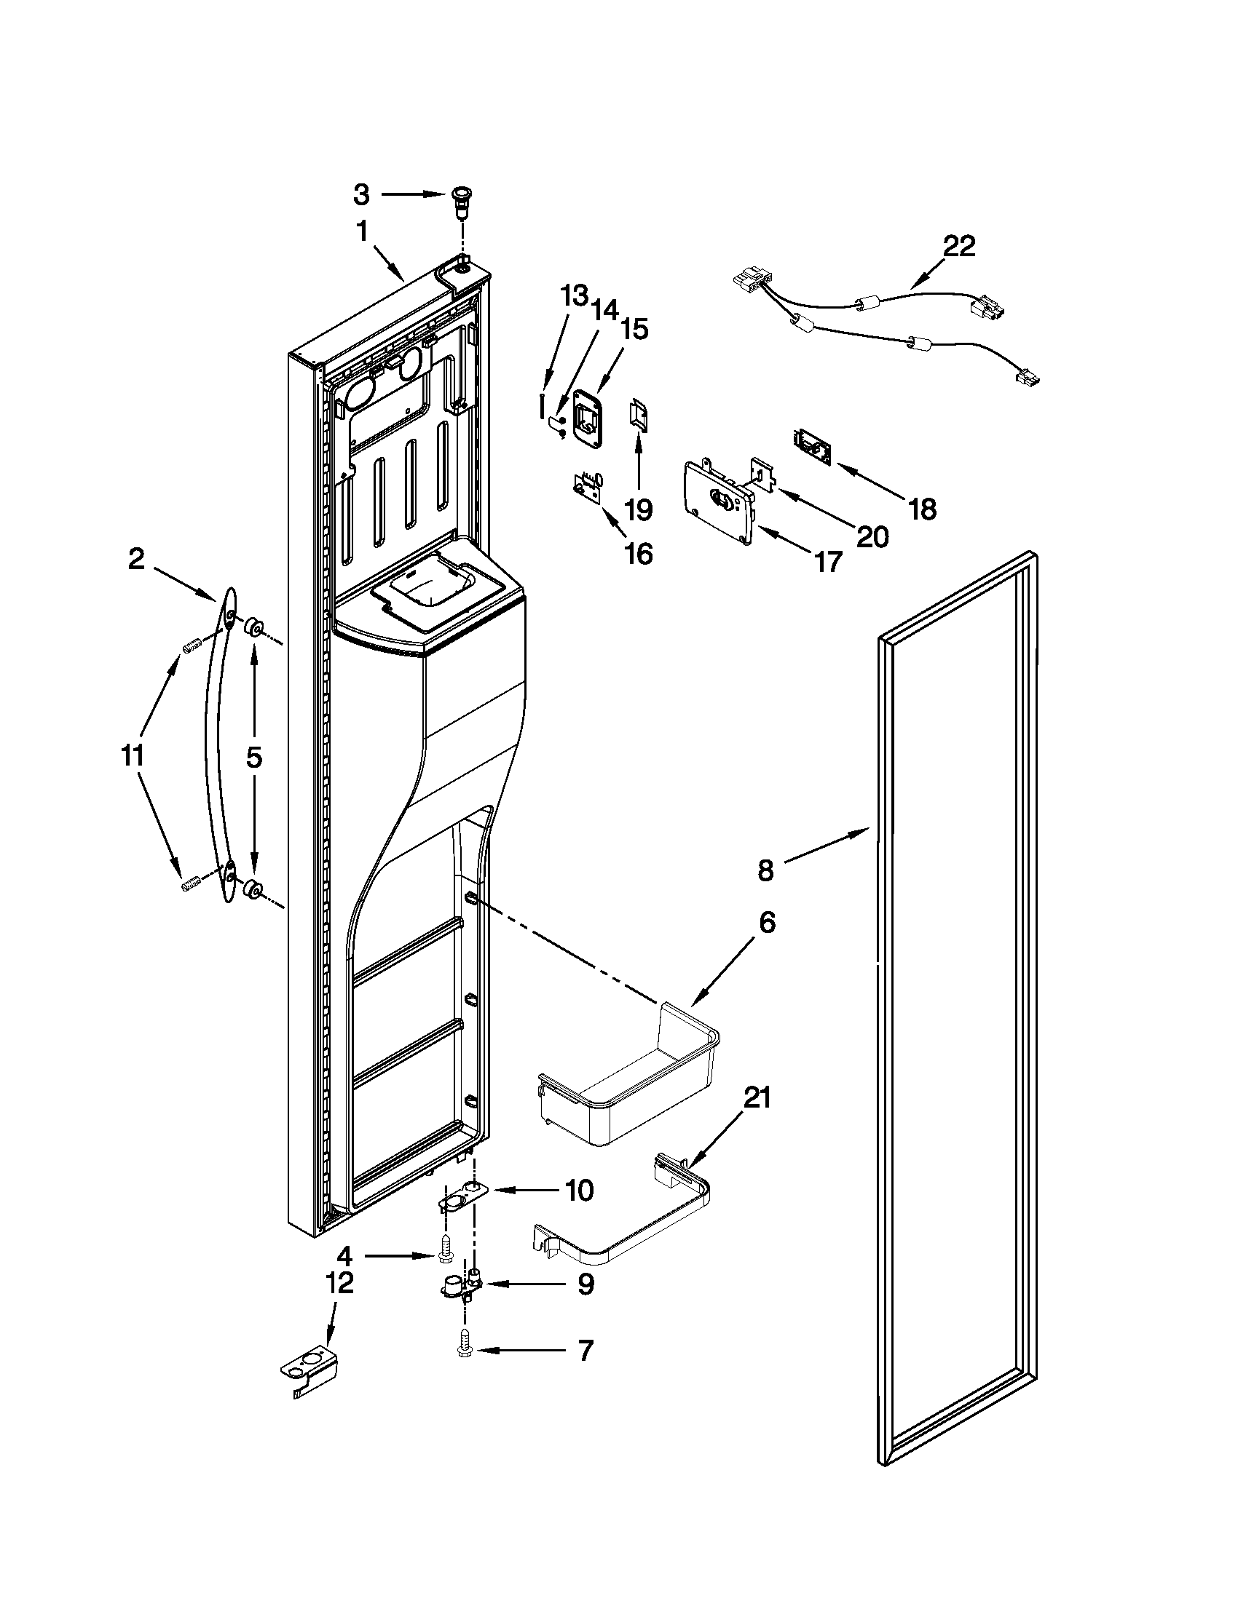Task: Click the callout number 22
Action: click(x=958, y=246)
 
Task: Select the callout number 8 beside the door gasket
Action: click(x=765, y=870)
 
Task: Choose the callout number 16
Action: click(x=639, y=555)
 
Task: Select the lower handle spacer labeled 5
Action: click(x=253, y=889)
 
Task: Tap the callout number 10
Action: click(x=579, y=1191)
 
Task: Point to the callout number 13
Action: click(x=575, y=296)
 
